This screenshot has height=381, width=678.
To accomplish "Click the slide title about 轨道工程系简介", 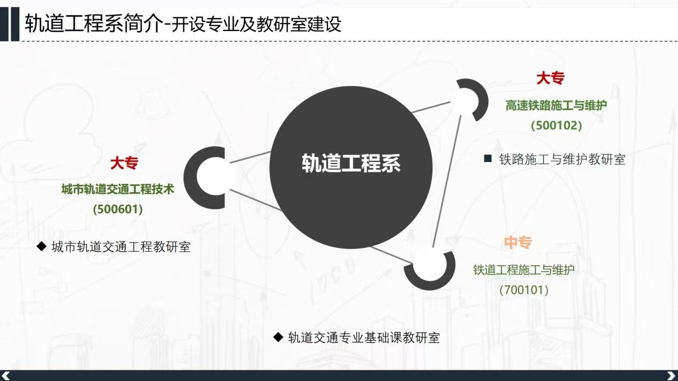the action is [183, 24].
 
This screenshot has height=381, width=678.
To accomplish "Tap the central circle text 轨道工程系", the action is [351, 164].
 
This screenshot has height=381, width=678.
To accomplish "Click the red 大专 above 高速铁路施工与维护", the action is [550, 78].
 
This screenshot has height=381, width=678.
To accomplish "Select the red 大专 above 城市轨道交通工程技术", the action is [124, 163].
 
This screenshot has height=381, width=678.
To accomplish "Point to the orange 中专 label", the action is [518, 243].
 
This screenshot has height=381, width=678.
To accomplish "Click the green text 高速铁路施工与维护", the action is [557, 105].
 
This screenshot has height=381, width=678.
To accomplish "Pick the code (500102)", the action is [557, 126].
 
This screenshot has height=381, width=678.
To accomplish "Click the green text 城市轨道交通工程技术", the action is [118, 190].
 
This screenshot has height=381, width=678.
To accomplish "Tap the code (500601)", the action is [118, 209].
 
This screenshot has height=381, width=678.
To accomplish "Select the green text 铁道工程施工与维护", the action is [524, 270].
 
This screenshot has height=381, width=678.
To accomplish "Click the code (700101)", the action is [524, 290].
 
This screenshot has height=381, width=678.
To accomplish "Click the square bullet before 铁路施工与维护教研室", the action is [487, 159].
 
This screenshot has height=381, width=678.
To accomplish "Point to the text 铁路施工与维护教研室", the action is [562, 159].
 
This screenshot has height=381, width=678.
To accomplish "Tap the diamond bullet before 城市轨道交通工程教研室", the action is [41, 246].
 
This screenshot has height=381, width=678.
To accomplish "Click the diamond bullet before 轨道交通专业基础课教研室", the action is [278, 337].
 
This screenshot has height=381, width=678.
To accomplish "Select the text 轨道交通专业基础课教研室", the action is [364, 338].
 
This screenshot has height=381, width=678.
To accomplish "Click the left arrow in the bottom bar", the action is [6, 376].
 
